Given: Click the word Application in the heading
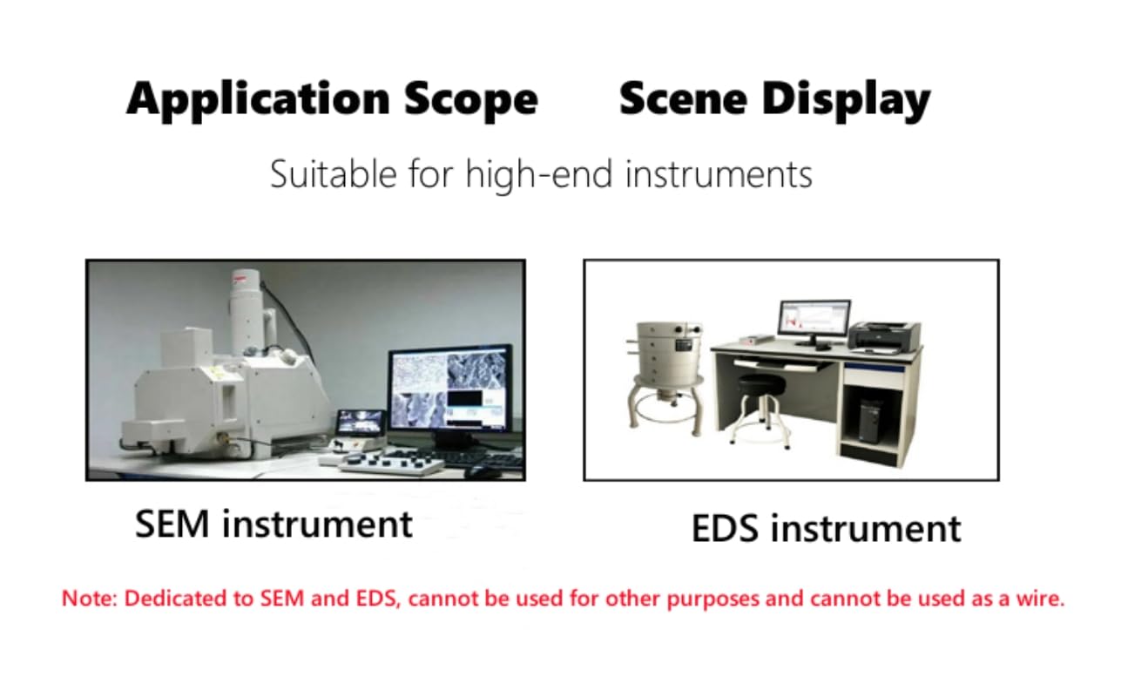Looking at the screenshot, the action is pyautogui.click(x=258, y=100).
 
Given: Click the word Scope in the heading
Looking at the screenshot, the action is pyautogui.click(x=471, y=100).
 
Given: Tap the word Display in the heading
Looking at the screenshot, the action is pyautogui.click(x=847, y=100).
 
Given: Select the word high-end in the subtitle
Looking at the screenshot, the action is pyautogui.click(x=539, y=175).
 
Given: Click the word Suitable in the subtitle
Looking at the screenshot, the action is pyautogui.click(x=334, y=174).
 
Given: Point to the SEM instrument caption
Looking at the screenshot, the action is pyautogui.click(x=273, y=524).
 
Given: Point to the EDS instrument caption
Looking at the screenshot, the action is pyautogui.click(x=827, y=528).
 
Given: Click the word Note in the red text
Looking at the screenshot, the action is pyautogui.click(x=88, y=599).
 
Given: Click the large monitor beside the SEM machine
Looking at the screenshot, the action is pyautogui.click(x=451, y=391).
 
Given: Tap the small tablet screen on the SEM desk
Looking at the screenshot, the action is pyautogui.click(x=361, y=422).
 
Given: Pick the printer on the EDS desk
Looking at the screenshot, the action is pyautogui.click(x=885, y=335).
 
